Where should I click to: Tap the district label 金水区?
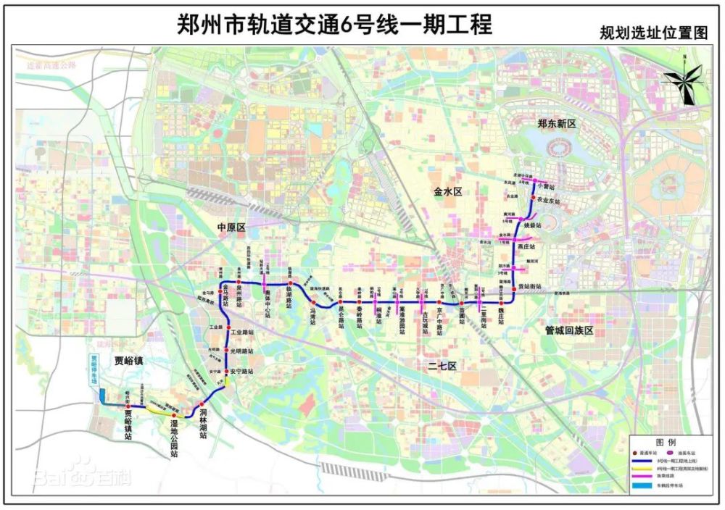pyautogui.click(x=448, y=191)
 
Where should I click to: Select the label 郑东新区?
pyautogui.click(x=556, y=125)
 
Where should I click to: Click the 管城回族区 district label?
pyautogui.click(x=569, y=330)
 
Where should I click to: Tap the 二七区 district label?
pyautogui.click(x=442, y=367)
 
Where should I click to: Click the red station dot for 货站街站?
pyautogui.click(x=514, y=288)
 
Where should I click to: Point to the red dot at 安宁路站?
pyautogui.click(x=226, y=372)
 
